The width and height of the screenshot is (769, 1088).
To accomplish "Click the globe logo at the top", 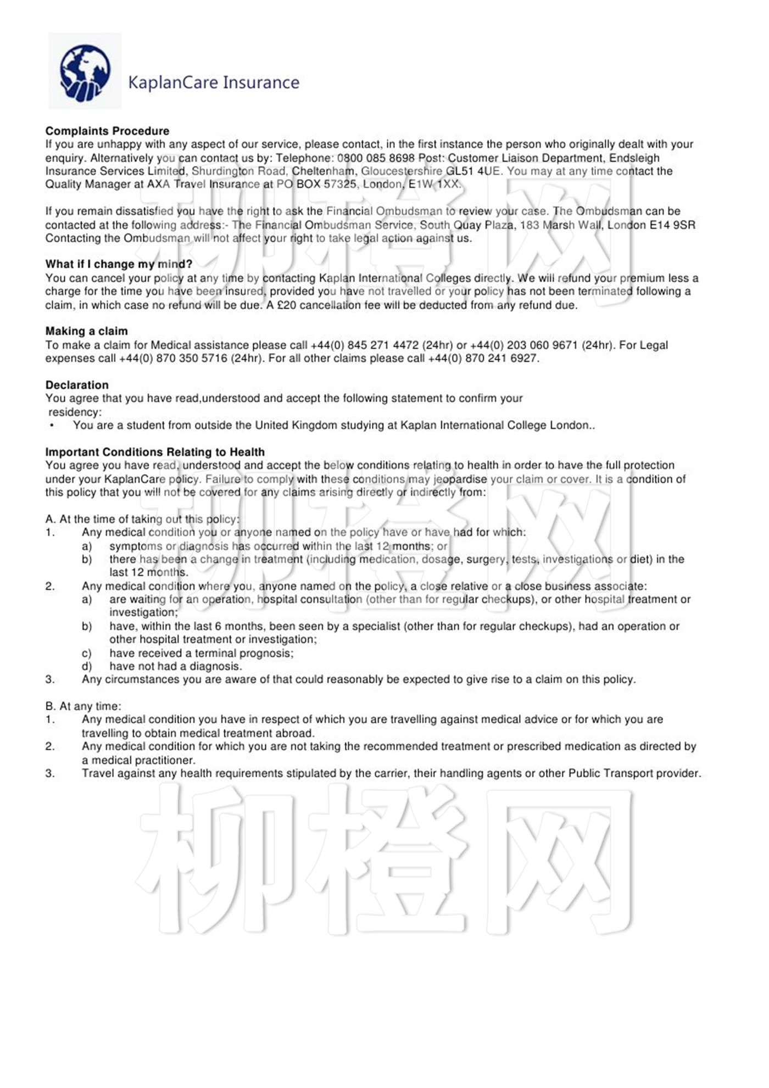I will (85, 72).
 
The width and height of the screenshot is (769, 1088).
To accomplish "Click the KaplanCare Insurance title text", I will (214, 82).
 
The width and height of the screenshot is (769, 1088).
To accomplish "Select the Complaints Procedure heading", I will (107, 131).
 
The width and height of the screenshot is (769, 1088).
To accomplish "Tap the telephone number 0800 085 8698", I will (376, 158).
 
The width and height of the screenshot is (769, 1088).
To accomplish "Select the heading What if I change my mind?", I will (119, 264).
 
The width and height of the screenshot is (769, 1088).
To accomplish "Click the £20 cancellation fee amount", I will (287, 305).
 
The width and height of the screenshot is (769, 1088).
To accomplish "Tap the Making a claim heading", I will (86, 331).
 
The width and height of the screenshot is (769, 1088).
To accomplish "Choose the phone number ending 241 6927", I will (501, 358).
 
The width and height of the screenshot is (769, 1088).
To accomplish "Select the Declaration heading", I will (77, 385).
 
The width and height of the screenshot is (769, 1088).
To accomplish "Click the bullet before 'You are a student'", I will (52, 425).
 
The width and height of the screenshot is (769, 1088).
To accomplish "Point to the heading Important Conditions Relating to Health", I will (155, 452).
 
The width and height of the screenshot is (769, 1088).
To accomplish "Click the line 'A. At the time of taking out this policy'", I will (142, 519).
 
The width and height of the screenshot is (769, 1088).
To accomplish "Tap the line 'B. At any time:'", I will (83, 706).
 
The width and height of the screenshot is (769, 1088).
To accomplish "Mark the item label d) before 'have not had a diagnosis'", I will (87, 666).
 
